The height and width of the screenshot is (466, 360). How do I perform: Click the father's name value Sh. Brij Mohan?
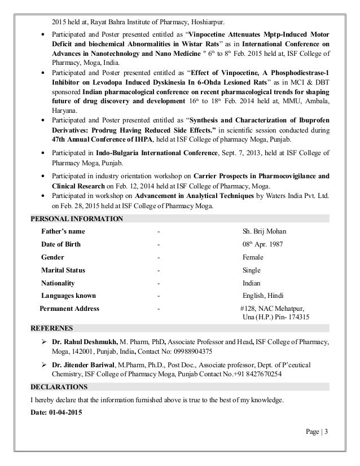point(264,231)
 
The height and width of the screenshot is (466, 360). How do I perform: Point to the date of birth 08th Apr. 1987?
point(262,244)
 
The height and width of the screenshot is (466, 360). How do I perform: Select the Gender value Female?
point(253,257)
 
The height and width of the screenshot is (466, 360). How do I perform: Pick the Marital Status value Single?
point(252,270)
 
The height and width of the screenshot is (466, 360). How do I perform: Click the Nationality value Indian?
point(252,283)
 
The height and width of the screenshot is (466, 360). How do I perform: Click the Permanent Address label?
point(69,309)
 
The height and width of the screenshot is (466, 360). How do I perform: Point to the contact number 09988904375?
point(191,350)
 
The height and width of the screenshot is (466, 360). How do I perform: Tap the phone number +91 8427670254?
point(254,373)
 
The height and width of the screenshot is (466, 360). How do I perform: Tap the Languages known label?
point(68,296)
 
